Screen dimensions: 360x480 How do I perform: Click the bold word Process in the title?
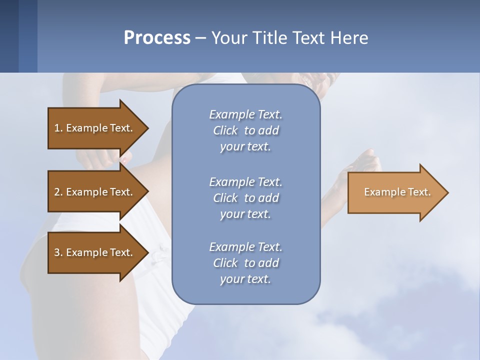click(x=157, y=38)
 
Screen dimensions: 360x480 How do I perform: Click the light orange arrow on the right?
click(x=395, y=192)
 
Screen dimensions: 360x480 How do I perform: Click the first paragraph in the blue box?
click(x=245, y=130)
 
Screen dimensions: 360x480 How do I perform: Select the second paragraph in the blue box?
click(x=245, y=197)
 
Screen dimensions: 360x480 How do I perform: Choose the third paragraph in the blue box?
click(x=245, y=262)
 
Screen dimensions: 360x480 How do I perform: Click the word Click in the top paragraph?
click(x=225, y=130)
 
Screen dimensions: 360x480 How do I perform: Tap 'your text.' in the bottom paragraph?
click(x=245, y=279)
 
